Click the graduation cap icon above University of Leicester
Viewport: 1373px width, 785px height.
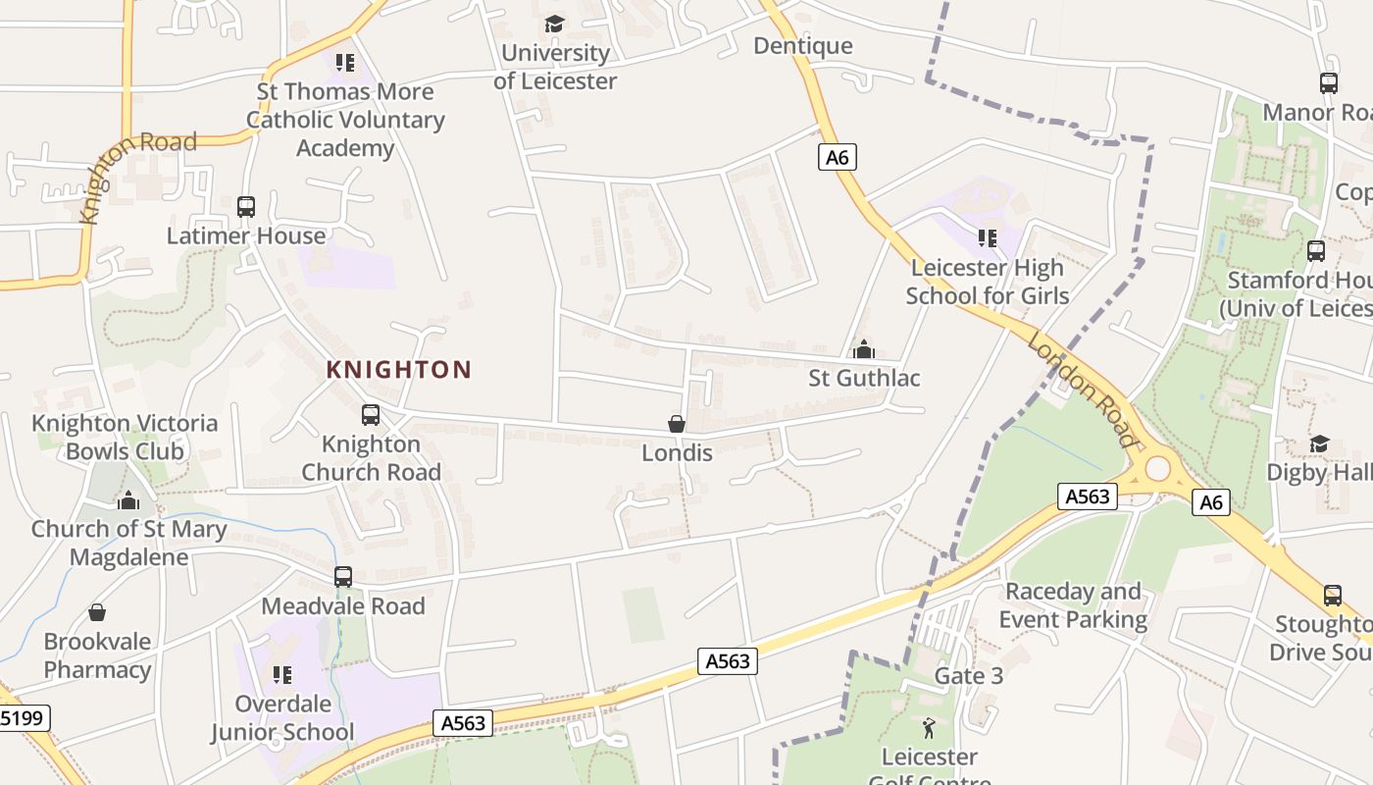coord(555,24)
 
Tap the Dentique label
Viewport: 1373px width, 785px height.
coord(803,46)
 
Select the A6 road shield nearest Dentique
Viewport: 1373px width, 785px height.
coord(837,157)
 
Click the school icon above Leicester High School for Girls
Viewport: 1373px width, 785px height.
coord(987,237)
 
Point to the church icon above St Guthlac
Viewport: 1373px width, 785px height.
coord(863,349)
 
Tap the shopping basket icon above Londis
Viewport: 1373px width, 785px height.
coord(676,424)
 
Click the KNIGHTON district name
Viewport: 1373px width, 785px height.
coord(398,370)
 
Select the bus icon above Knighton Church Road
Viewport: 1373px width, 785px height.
coord(370,415)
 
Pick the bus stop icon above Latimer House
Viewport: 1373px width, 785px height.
coord(245,207)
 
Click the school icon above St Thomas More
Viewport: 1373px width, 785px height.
coord(344,63)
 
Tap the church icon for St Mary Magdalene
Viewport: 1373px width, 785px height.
coord(128,500)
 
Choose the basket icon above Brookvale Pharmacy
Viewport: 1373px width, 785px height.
coord(97,613)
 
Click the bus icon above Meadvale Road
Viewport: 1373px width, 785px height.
coord(342,577)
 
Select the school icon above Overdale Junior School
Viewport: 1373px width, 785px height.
coord(282,674)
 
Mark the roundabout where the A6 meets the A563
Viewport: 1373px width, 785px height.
coord(1157,468)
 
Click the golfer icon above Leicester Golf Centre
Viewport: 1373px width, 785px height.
coord(929,728)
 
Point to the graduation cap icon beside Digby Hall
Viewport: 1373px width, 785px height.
coord(1319,445)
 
